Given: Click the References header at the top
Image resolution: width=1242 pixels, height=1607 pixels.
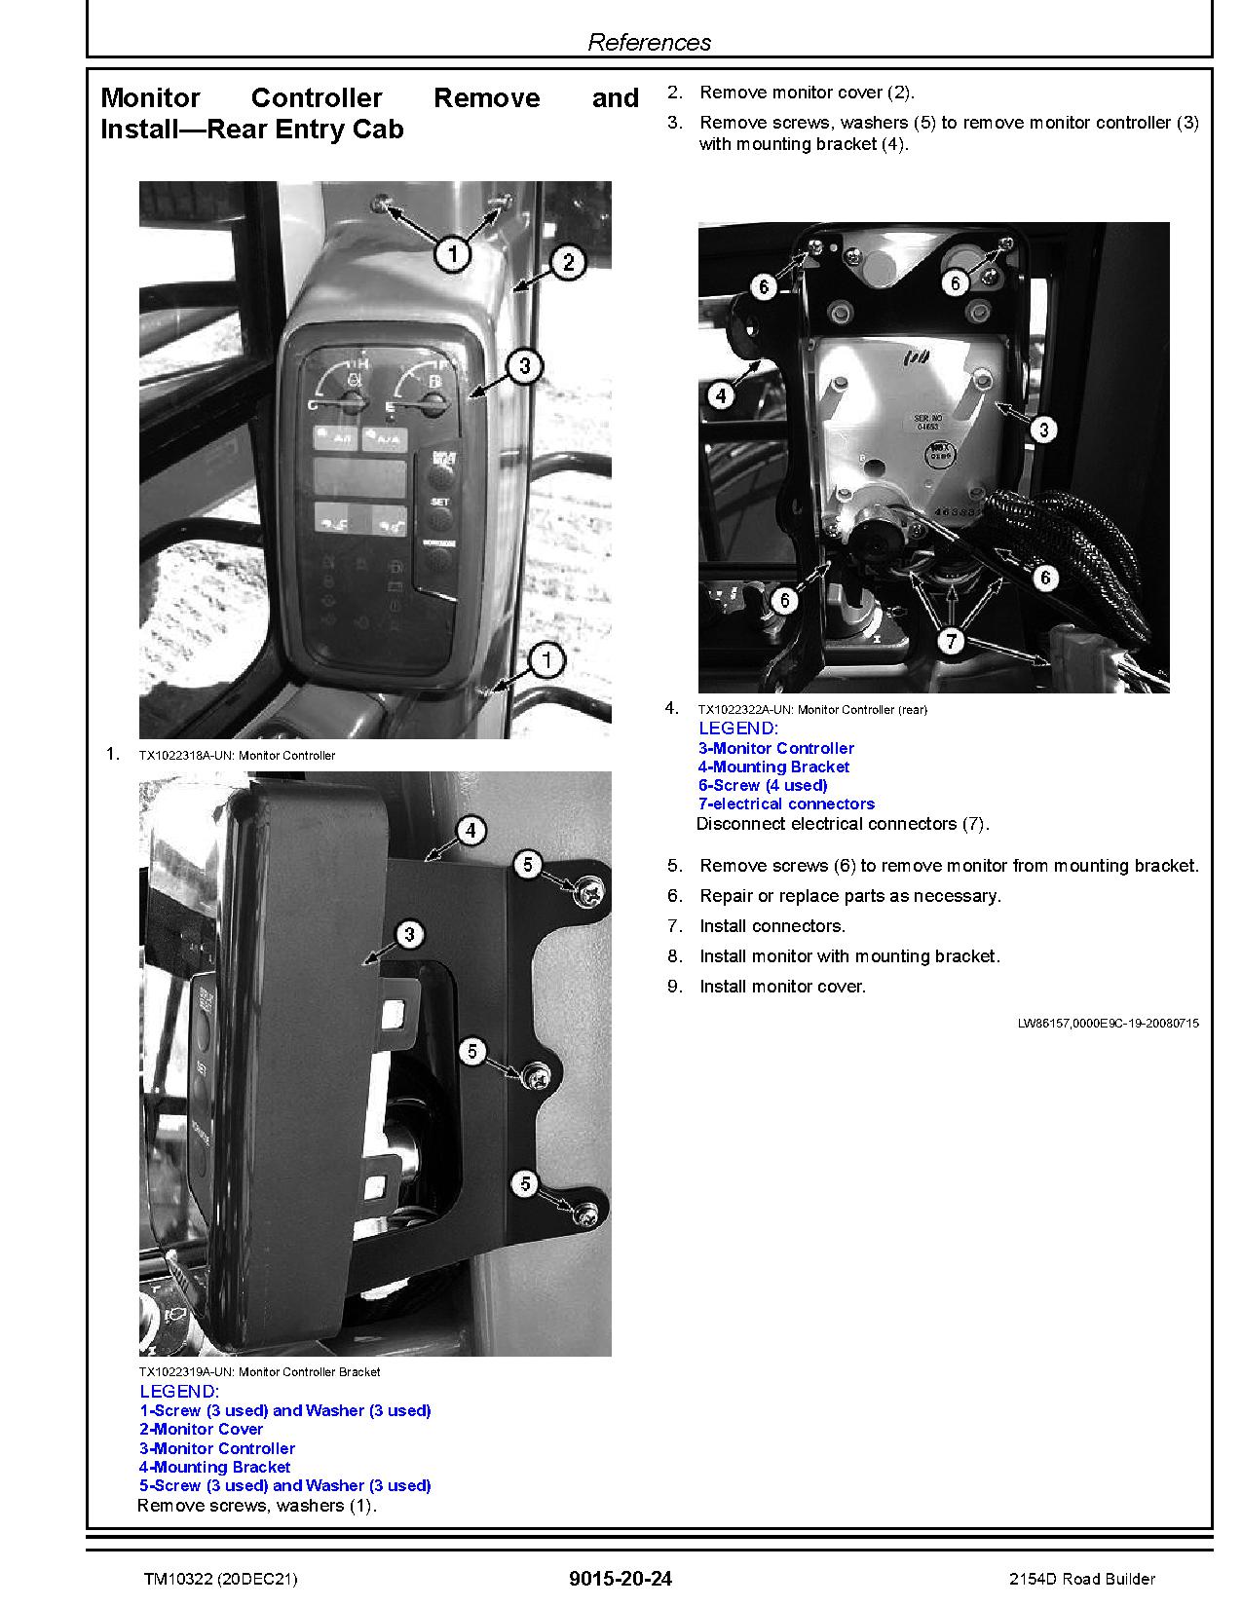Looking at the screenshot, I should tap(649, 42).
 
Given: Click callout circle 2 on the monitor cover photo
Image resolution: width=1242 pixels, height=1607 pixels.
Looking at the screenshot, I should tap(568, 261).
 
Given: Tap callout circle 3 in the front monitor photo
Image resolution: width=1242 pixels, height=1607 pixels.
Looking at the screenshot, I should tap(525, 366).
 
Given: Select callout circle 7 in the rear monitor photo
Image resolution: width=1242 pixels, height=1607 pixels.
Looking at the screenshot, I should tap(951, 641).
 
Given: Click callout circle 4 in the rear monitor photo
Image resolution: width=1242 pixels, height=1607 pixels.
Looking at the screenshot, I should tap(721, 395).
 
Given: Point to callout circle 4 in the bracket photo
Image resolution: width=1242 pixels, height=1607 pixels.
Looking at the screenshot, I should tap(470, 831).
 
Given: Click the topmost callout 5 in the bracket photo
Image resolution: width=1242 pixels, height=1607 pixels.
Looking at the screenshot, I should tap(527, 864).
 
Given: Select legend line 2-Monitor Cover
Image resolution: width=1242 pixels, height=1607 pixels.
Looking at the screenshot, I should tap(201, 1429).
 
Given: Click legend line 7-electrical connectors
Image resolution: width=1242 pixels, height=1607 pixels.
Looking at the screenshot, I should tap(786, 803).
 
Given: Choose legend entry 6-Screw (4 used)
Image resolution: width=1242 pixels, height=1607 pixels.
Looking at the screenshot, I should tap(763, 785).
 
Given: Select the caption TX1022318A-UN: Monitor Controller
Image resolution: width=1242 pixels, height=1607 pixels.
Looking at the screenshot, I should tap(237, 755).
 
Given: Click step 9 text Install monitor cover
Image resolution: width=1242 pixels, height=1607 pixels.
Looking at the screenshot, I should tap(782, 987).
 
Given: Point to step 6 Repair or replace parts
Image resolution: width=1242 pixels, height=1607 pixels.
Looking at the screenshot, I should tap(849, 896).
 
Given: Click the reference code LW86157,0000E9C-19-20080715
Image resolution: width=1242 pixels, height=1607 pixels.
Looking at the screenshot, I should tap(1108, 1023).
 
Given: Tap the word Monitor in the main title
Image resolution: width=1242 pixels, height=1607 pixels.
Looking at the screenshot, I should tap(150, 98).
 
